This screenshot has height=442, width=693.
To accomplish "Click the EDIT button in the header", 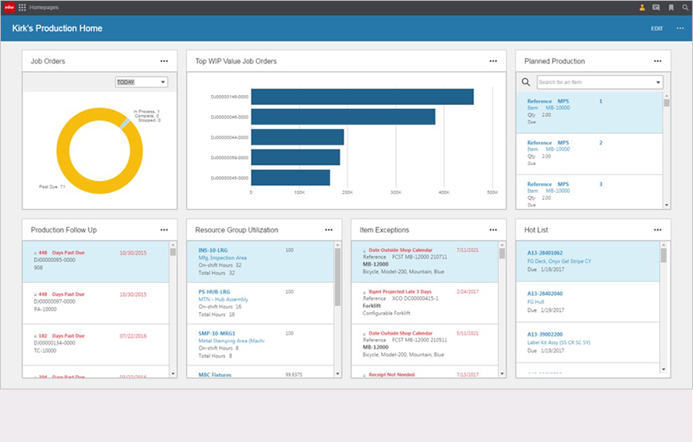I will click(657, 29).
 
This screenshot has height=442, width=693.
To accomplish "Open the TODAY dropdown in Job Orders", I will click(142, 82).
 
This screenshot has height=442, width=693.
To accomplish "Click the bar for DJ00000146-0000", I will click(362, 97).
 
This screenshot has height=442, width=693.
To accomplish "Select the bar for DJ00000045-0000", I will click(291, 177).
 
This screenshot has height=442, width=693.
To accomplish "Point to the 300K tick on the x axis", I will click(396, 192).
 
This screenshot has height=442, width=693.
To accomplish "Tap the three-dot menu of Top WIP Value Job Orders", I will click(493, 61).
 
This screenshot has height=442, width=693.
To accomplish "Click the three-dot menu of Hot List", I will click(658, 229).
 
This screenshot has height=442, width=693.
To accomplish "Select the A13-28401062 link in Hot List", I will click(544, 253).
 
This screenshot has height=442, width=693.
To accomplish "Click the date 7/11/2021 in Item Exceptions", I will click(469, 250).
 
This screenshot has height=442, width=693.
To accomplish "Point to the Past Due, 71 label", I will click(52, 186).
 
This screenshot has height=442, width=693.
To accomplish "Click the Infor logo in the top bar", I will click(9, 7).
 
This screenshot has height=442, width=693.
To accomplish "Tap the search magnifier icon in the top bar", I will click(684, 8).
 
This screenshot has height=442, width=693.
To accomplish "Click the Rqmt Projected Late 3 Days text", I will click(401, 291).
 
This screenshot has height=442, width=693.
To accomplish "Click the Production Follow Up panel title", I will click(63, 229).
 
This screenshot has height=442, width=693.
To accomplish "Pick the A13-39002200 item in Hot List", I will click(544, 335).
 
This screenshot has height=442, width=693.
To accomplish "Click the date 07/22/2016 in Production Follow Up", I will click(133, 336).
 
